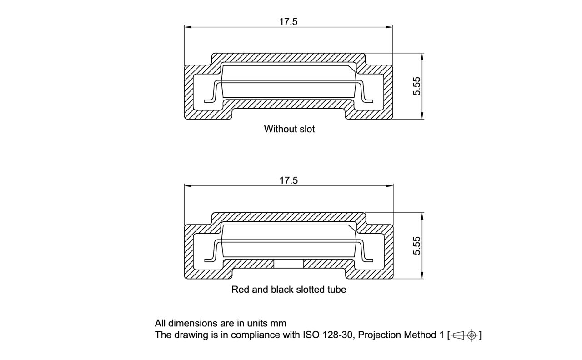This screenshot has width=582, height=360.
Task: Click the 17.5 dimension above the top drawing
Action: point(288,22)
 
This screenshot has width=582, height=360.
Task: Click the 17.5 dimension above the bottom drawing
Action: point(288,180)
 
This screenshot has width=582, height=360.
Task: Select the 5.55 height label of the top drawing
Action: point(416,86)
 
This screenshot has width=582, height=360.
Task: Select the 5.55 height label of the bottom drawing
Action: point(416,245)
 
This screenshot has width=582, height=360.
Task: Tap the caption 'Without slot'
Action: point(289,129)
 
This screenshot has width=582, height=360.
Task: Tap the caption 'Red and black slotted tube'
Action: point(289,290)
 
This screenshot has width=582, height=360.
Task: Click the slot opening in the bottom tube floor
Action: point(289,264)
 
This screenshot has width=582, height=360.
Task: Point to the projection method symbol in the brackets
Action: point(465,335)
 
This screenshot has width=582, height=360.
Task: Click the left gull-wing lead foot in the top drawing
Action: point(210,100)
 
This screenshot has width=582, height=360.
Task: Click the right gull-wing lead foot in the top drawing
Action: point(368,100)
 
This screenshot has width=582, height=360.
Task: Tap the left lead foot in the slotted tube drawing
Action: point(210,260)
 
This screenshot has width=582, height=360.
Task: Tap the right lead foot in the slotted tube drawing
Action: point(368,260)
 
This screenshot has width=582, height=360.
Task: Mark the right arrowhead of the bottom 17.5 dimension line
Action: point(390,186)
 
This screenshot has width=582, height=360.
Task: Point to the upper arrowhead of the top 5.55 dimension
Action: point(422,56)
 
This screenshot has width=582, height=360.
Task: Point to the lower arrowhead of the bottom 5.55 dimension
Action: point(422,275)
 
